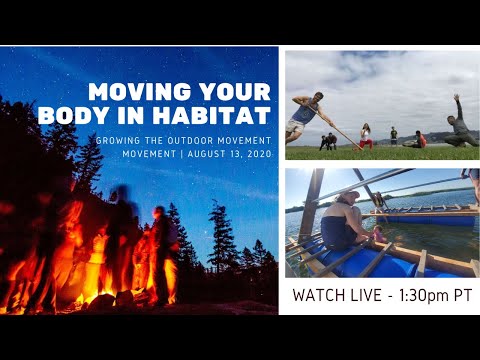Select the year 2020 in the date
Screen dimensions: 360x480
pyautogui.click(x=258, y=153)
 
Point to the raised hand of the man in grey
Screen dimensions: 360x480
pyautogui.click(x=457, y=98)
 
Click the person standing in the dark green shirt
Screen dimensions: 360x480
pyautogui.click(x=393, y=134)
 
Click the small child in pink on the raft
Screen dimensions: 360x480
pyautogui.click(x=377, y=233)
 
